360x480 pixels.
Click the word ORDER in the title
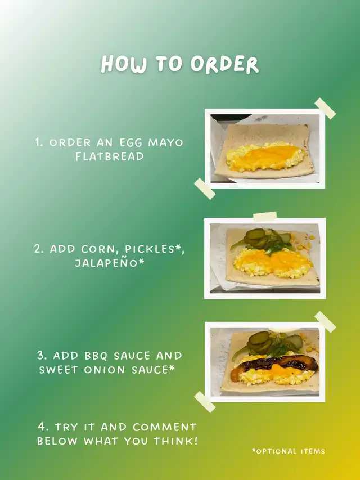(224, 64)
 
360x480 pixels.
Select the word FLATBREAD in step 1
(110, 156)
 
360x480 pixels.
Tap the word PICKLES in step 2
(150, 249)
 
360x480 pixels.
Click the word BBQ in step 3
(96, 356)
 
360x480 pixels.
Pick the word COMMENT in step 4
(165, 427)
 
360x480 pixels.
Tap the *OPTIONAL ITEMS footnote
(289, 451)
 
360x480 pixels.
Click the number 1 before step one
(38, 142)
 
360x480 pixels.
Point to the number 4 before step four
(42, 427)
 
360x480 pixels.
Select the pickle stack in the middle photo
(255, 237)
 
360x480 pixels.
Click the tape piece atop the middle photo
(265, 216)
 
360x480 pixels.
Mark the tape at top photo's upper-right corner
(325, 109)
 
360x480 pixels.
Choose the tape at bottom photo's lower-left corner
(205, 402)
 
